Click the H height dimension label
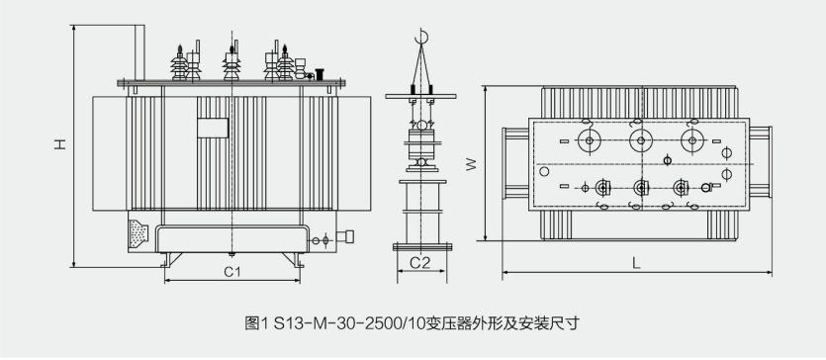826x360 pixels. (61, 143)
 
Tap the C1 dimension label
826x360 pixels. (232, 272)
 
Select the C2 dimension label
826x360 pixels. (419, 263)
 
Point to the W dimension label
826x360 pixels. (472, 164)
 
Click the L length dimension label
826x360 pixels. (636, 263)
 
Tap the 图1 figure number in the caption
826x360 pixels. (257, 322)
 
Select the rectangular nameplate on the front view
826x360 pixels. (213, 128)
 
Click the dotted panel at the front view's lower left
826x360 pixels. (138, 233)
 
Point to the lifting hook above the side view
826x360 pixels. (421, 37)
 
